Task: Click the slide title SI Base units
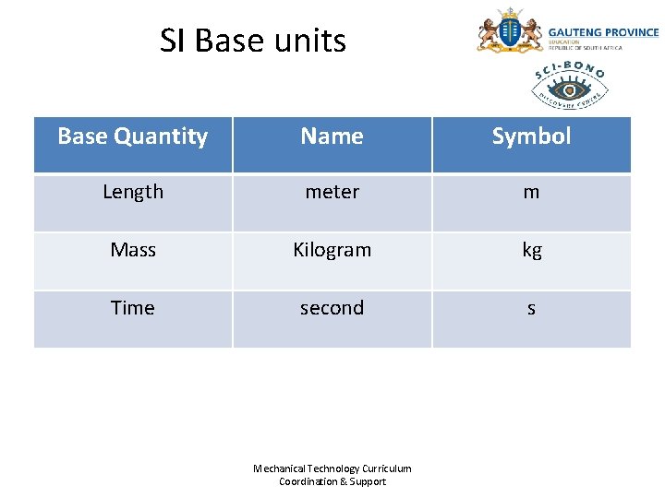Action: click(252, 41)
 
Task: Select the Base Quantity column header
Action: click(132, 136)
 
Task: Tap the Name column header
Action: click(332, 136)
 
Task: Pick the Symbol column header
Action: click(531, 136)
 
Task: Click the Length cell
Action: click(132, 192)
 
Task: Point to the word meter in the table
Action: click(332, 192)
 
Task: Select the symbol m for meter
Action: click(531, 193)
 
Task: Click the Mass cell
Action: click(132, 250)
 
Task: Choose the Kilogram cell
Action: click(332, 250)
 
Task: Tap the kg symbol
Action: click(531, 251)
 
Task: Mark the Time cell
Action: click(132, 308)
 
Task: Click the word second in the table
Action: click(332, 308)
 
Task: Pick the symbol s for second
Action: click(531, 309)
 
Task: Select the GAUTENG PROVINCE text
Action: click(603, 32)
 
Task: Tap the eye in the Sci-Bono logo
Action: click(570, 89)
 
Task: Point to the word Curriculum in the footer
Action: click(387, 468)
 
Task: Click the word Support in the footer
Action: click(369, 481)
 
